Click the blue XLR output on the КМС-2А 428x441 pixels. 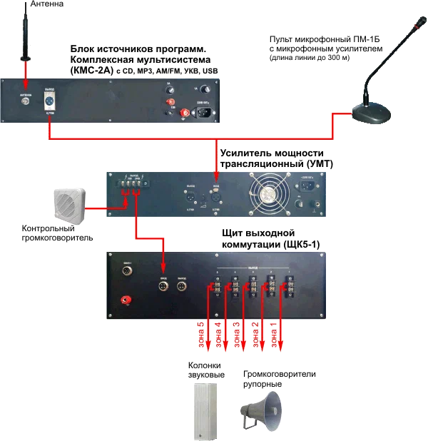click(x=49, y=101)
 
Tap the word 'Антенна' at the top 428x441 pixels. click(x=47, y=5)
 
